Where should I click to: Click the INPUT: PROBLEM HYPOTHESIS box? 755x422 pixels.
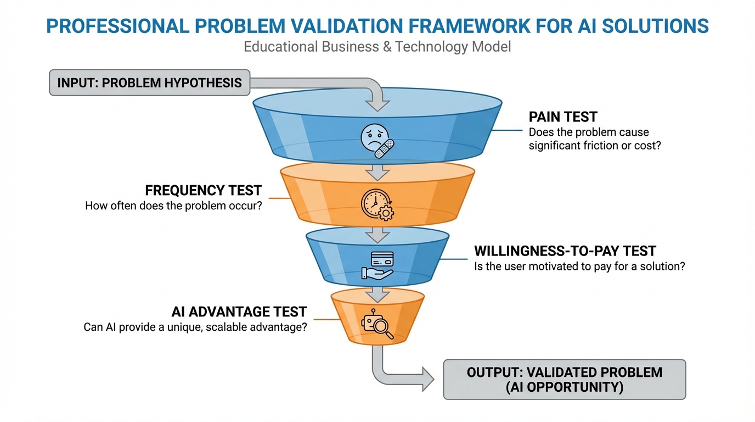tap(150, 83)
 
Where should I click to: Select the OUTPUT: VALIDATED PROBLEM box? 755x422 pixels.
tap(565, 380)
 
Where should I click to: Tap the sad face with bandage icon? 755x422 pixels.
tap(377, 141)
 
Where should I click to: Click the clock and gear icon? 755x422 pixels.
tap(377, 205)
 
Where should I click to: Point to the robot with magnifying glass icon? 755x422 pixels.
tap(377, 324)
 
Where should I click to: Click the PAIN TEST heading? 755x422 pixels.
tap(563, 117)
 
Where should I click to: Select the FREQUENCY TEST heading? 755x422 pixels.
tap(203, 191)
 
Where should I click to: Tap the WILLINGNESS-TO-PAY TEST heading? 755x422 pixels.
tap(565, 251)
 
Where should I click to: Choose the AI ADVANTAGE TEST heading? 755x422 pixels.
tap(239, 312)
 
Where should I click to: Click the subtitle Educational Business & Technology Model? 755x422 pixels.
tap(377, 47)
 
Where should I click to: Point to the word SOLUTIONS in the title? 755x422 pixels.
tap(655, 26)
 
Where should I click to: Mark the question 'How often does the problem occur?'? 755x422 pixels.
tap(173, 206)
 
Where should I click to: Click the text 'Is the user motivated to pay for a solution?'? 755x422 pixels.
tap(579, 266)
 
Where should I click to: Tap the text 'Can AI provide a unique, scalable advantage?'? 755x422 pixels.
tap(195, 327)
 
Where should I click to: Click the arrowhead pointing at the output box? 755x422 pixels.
tap(428, 379)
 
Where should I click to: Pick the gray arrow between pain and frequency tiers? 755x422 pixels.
tap(377, 173)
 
